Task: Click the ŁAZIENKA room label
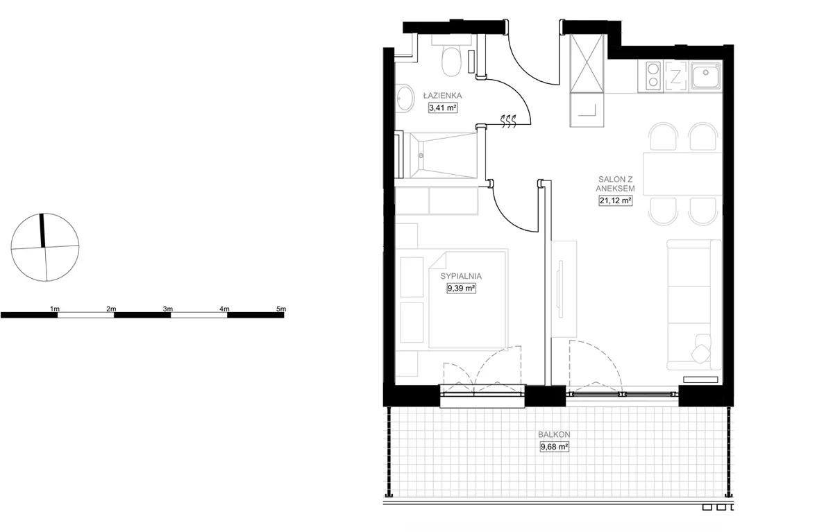(443, 96)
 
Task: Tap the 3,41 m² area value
(443, 108)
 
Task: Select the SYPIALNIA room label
(461, 276)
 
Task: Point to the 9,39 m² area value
(461, 289)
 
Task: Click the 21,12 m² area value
(616, 200)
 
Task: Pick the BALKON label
(554, 434)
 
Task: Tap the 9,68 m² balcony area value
(554, 447)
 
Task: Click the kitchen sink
(705, 76)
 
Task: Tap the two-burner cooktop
(653, 76)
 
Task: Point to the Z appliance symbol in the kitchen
(675, 76)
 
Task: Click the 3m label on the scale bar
(168, 309)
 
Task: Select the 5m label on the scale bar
(281, 309)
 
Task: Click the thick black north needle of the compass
(42, 230)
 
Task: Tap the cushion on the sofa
(701, 354)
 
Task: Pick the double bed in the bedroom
(468, 299)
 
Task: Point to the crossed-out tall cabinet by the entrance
(587, 63)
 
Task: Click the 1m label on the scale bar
(55, 309)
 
